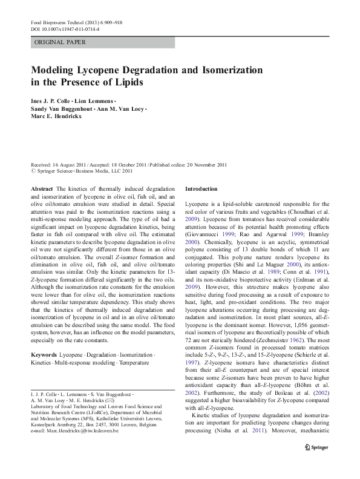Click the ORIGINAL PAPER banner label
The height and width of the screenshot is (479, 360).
pyautogui.click(x=60, y=42)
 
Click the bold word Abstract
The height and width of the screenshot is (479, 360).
pyautogui.click(x=42, y=190)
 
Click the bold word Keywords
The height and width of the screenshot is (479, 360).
pyautogui.click(x=44, y=353)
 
